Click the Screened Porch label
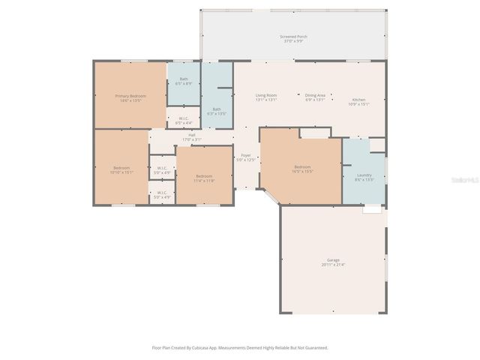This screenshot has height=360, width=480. [x=293, y=36]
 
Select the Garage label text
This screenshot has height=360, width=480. [x=333, y=260]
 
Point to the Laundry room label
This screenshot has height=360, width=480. [x=364, y=175]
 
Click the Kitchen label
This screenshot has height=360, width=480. [x=359, y=100]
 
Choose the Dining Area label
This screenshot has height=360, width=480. [x=315, y=95]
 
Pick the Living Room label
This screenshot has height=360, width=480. [x=266, y=95]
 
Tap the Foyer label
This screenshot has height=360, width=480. [x=246, y=155]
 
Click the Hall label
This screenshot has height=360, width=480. [x=192, y=135]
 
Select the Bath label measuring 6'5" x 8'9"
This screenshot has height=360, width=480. [x=184, y=79]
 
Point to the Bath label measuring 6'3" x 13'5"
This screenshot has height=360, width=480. [x=217, y=109]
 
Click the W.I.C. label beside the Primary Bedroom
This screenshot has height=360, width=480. [x=184, y=118]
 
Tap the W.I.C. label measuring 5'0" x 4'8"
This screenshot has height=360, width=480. [x=162, y=168]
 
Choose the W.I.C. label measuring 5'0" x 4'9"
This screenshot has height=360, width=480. [x=162, y=193]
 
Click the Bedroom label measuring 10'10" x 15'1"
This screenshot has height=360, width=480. [x=121, y=167]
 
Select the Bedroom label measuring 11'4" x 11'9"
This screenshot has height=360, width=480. [x=204, y=176]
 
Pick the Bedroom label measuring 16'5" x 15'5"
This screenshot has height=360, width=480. [x=302, y=166]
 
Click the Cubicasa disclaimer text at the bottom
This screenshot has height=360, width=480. [x=240, y=347]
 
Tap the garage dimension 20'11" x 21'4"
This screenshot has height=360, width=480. [x=333, y=265]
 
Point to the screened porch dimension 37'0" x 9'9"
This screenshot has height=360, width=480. [x=293, y=40]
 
